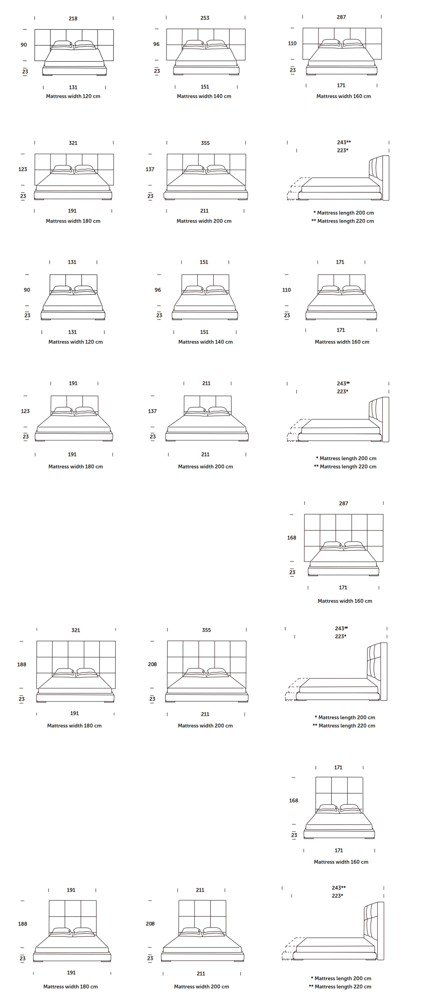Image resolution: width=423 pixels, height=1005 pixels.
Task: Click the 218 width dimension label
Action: [73, 18]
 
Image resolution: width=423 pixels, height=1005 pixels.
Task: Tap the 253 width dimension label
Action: [205, 18]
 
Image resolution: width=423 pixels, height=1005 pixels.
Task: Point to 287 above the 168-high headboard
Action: [343, 503]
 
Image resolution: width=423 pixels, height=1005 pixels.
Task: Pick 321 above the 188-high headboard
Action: [76, 630]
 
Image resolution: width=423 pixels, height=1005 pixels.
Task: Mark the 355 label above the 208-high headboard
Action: [206, 630]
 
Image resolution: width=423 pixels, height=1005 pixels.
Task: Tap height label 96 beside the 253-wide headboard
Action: [156, 44]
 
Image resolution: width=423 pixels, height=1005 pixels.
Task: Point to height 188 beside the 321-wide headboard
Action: [22, 664]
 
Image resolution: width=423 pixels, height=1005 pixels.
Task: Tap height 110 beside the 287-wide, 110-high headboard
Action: [292, 43]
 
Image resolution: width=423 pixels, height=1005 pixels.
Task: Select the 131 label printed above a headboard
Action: [72, 262]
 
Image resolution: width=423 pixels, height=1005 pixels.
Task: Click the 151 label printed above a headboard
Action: [204, 262]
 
